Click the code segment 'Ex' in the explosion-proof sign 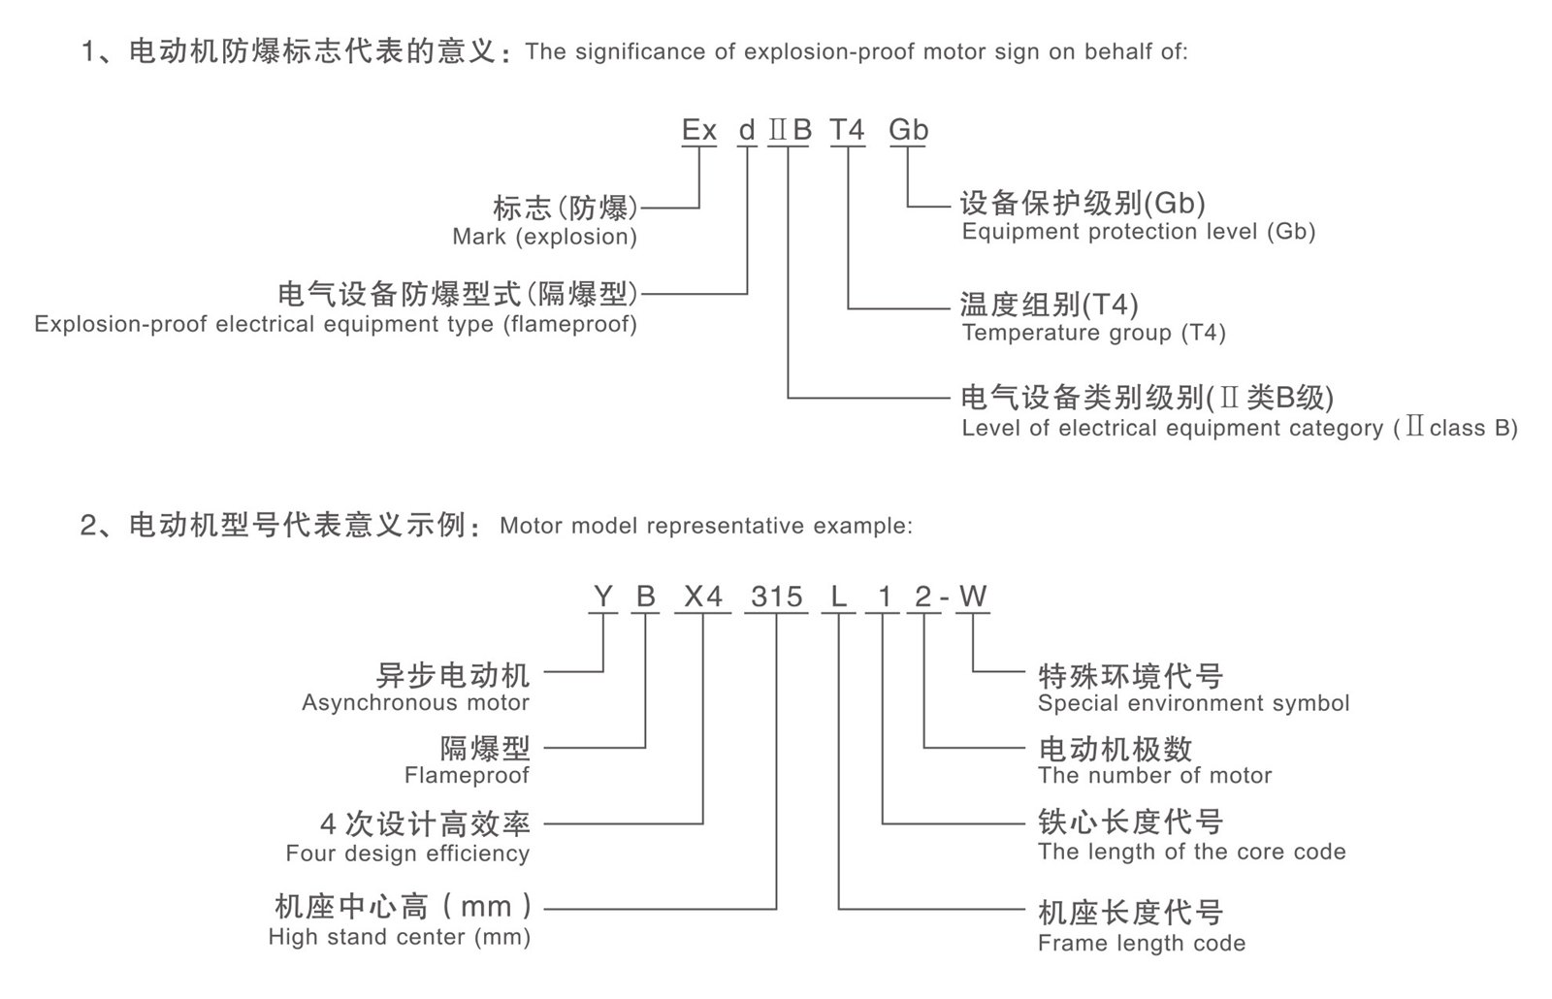point(698,130)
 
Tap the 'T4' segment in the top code point(847,130)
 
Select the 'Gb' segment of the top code point(909,130)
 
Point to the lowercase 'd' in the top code point(747,130)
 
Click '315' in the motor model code point(777,596)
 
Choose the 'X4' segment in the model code point(703,596)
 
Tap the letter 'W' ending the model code point(973,596)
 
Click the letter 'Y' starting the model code point(603,596)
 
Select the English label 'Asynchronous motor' point(415,703)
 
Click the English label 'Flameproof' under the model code point(467,776)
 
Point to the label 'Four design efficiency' point(407,854)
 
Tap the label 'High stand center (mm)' point(400,938)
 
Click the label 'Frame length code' point(1142,943)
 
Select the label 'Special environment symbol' point(1193,703)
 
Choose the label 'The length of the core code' point(1191,853)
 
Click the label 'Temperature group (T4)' point(1093,334)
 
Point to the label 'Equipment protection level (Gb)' point(1138,232)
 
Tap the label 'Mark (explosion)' point(544,237)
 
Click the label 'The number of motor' point(1154,776)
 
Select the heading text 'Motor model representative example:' point(706,527)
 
